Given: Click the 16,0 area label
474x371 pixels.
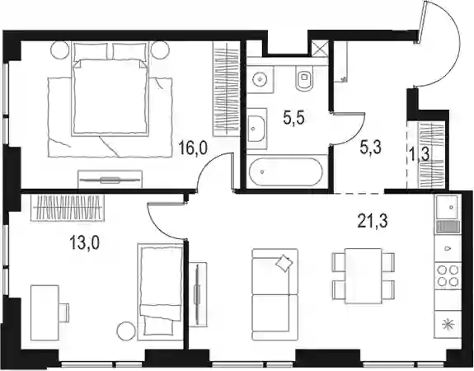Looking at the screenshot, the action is (193, 148).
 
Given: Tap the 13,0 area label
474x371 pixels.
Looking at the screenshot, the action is (85, 242).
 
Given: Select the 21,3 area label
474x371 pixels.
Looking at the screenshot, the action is (373, 221).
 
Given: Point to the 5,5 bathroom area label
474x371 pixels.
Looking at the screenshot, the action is (293, 118).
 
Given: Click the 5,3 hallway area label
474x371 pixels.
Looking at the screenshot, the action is (371, 148).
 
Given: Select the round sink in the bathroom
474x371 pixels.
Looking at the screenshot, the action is (260, 79).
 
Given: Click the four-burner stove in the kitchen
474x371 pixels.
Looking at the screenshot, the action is (448, 275).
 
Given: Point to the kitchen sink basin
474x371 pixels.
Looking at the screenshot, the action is (448, 207).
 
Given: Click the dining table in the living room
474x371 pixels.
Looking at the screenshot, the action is (364, 275).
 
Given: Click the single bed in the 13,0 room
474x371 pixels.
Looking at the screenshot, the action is (160, 292).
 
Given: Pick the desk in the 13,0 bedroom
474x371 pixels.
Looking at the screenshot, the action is (45, 312).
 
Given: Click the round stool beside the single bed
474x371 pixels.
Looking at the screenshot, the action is (125, 331).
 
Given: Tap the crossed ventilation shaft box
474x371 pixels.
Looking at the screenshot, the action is (320, 49).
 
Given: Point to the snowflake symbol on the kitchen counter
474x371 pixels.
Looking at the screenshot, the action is (448, 325).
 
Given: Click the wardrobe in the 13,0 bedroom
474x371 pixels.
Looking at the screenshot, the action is (68, 208).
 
